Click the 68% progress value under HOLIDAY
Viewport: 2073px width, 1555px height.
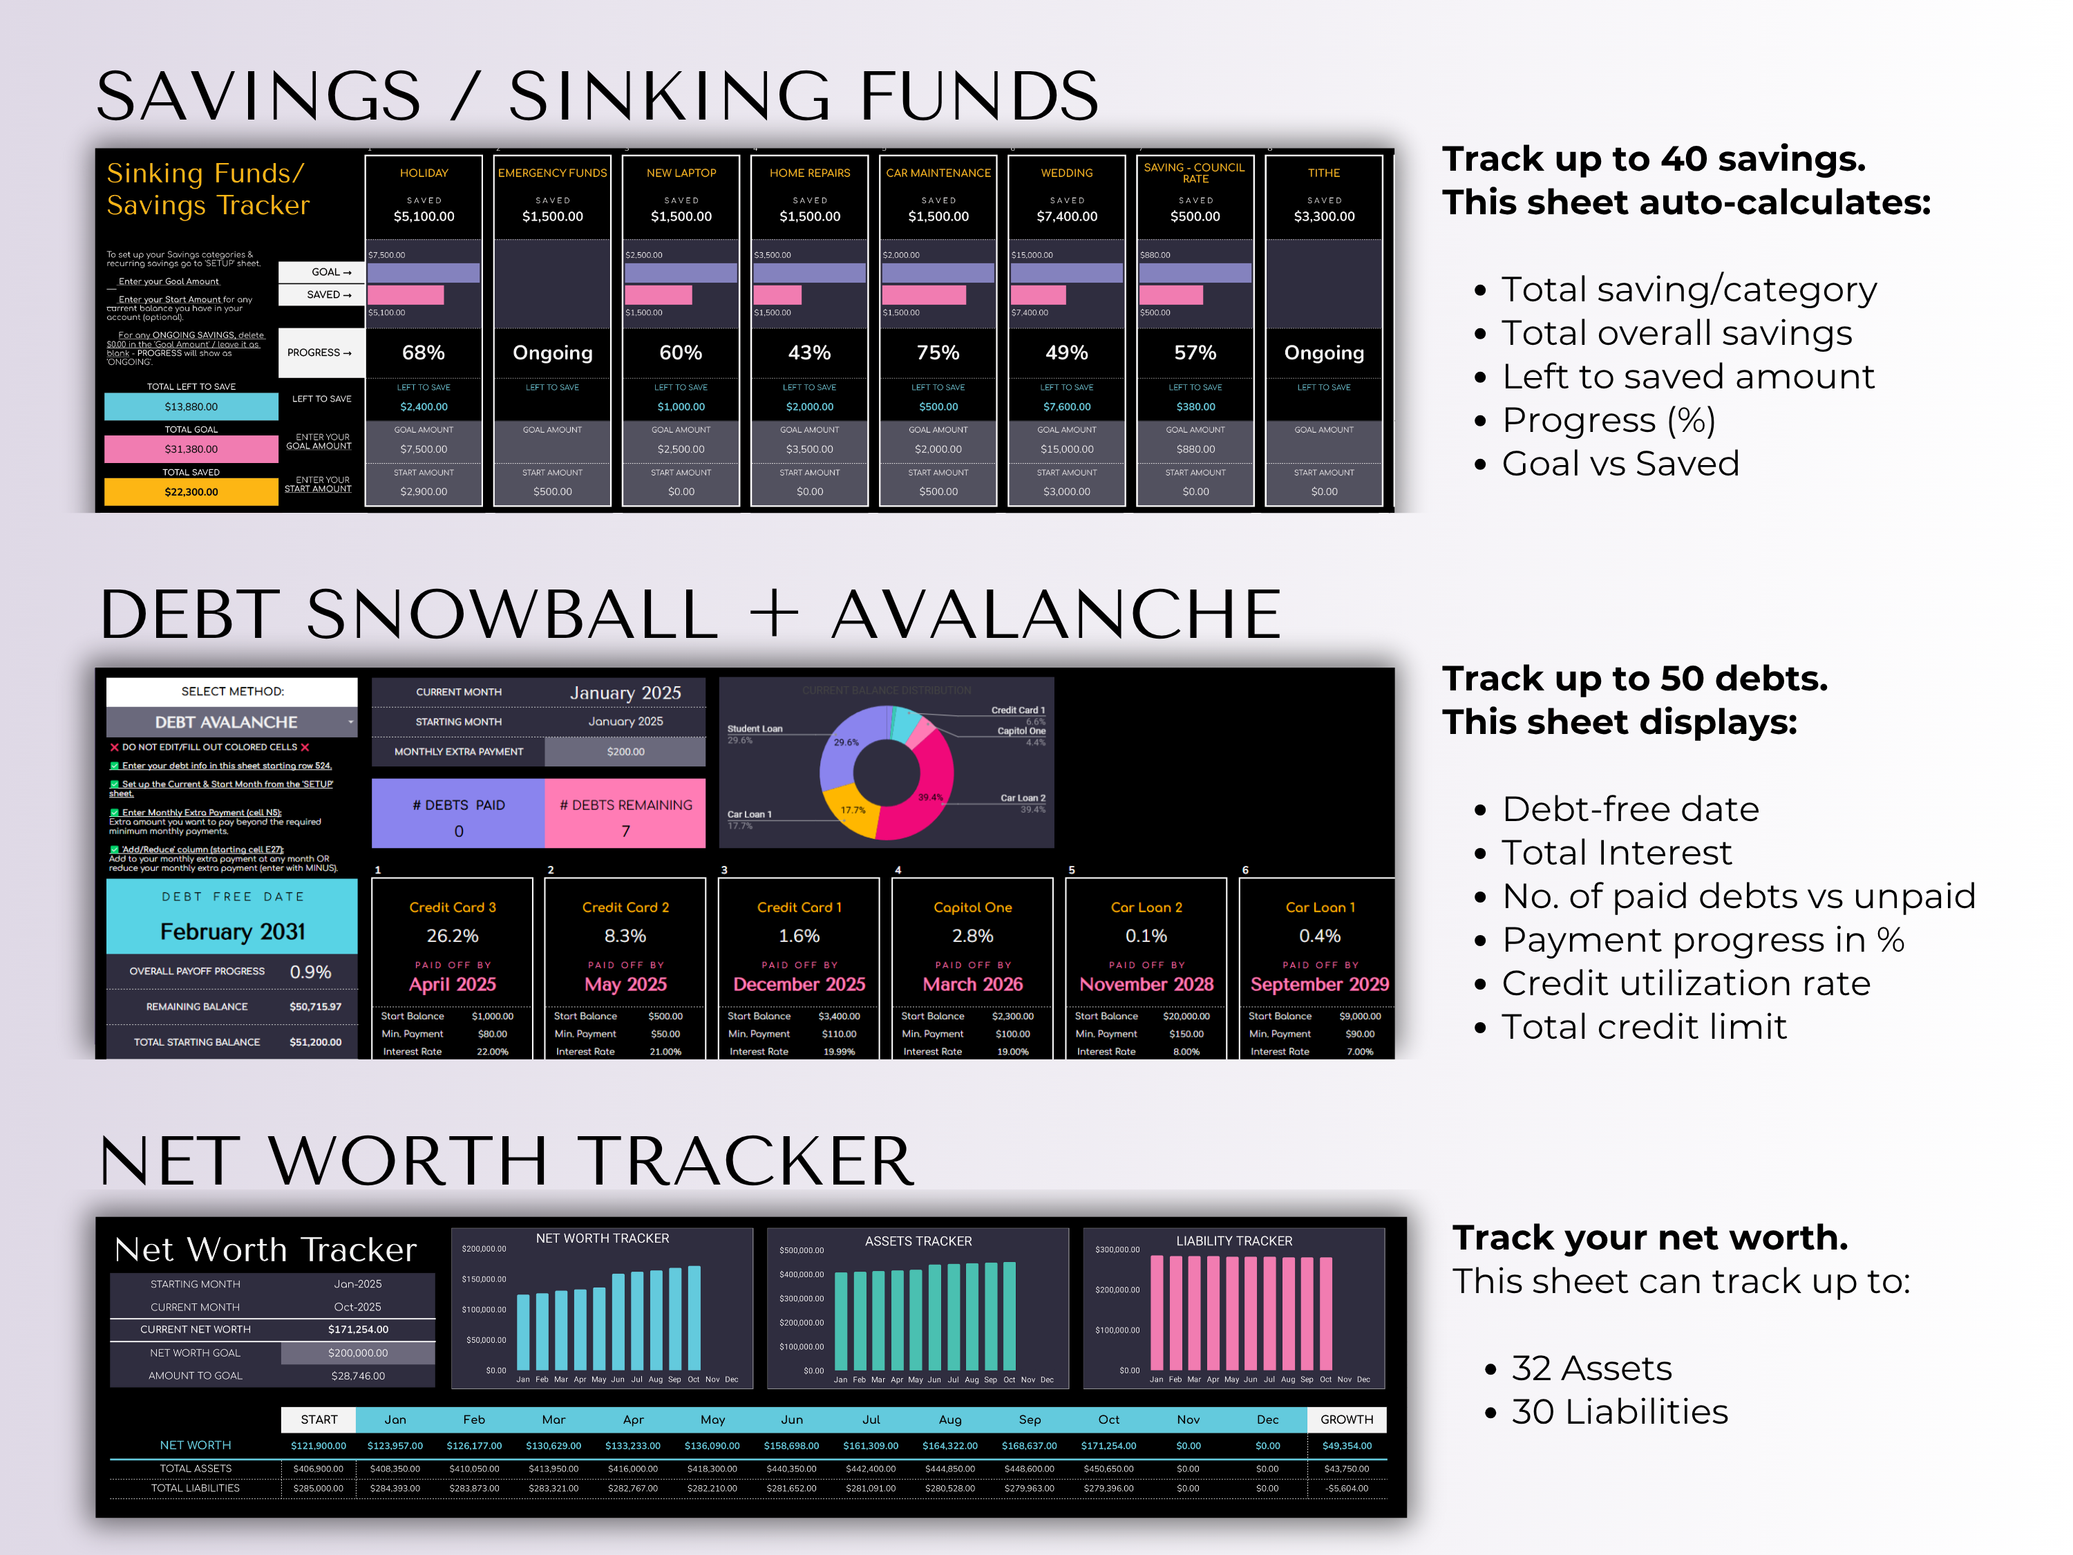(x=424, y=353)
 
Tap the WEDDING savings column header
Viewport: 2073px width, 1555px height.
(x=1066, y=173)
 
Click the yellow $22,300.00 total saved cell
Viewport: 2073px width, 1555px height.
(x=191, y=492)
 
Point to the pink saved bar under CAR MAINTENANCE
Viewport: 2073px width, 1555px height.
(x=924, y=295)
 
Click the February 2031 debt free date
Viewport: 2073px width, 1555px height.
(x=232, y=932)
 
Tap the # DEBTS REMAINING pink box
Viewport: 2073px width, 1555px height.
(x=626, y=816)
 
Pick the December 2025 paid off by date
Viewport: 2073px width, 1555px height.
(x=799, y=984)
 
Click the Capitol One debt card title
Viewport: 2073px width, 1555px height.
(x=973, y=907)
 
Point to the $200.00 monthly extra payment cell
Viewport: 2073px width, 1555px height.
(x=625, y=752)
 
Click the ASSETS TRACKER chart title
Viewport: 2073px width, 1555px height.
(x=918, y=1241)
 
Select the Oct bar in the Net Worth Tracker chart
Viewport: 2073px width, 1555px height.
(x=694, y=1317)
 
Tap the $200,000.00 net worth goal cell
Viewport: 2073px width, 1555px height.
(x=358, y=1353)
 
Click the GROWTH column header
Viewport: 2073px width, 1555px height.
(x=1347, y=1419)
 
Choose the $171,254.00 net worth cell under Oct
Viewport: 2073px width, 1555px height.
(x=1108, y=1445)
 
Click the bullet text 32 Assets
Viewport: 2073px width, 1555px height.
(x=1591, y=1368)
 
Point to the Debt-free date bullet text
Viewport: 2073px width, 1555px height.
(x=1631, y=809)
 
